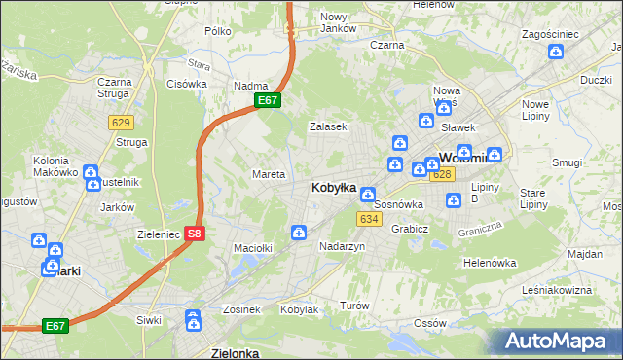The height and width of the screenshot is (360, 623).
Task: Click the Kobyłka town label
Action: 332,187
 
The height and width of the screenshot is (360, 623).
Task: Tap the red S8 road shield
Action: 195,234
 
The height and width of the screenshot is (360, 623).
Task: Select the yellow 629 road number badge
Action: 122,122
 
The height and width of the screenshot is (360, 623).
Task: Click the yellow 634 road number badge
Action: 368,219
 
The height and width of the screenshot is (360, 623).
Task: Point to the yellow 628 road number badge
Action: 442,174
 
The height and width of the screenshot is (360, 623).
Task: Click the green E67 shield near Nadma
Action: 269,100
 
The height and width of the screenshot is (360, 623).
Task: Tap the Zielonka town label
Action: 235,353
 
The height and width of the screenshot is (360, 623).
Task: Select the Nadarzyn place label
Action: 342,247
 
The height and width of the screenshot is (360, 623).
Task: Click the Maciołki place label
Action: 252,248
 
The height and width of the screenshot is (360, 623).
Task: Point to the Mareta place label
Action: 269,175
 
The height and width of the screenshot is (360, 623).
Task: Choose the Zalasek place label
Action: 328,127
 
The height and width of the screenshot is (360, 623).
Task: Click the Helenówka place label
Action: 489,263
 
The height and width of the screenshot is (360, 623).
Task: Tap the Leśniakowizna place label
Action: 557,290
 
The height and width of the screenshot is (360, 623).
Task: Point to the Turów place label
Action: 354,306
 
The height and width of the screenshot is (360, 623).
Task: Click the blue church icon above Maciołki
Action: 299,232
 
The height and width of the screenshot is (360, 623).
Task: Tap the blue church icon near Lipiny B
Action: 454,200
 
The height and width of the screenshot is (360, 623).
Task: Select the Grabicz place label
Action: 411,230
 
